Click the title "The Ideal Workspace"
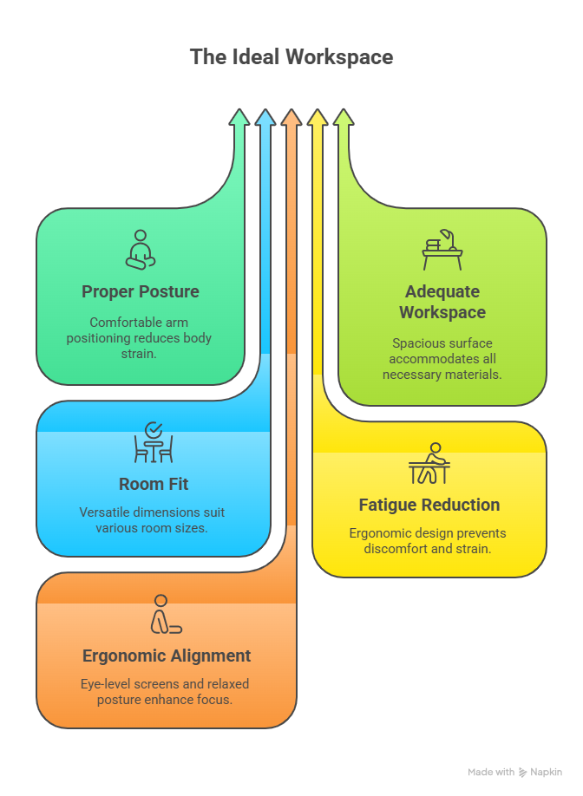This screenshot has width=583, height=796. click(291, 57)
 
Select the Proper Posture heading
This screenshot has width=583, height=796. click(140, 291)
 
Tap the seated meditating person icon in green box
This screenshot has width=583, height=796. click(140, 250)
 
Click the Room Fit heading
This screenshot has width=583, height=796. click(154, 484)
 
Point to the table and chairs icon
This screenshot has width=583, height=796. click(154, 443)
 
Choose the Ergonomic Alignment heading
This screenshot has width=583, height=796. click(167, 656)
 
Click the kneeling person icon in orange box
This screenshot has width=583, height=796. click(165, 615)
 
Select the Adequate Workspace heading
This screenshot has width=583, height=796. click(442, 302)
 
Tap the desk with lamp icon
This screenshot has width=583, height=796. click(442, 250)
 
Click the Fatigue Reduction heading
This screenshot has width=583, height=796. click(429, 505)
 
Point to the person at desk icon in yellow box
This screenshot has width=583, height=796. click(429, 463)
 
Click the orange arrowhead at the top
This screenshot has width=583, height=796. click(291, 119)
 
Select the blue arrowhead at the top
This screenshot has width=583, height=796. click(265, 119)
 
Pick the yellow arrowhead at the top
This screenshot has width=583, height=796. click(318, 119)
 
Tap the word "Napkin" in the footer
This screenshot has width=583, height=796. click(547, 772)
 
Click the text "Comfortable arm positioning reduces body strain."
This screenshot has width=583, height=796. click(140, 337)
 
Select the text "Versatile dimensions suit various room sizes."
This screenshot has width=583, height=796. click(153, 519)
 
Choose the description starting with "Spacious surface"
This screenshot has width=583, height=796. click(442, 358)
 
